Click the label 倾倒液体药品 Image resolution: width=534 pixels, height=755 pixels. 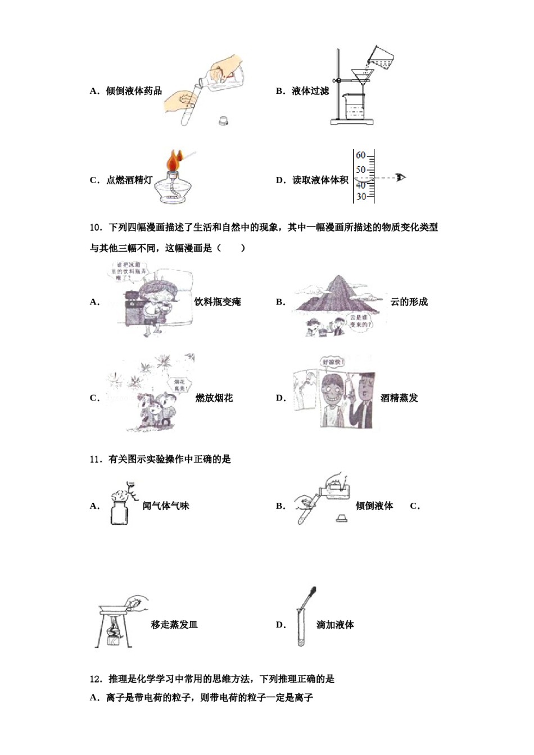click(134, 91)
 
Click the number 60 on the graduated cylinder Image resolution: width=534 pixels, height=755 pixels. click(360, 155)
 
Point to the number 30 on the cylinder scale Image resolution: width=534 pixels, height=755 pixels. click(360, 197)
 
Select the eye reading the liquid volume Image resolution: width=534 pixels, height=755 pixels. click(400, 178)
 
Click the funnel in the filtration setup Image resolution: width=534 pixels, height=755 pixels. click(358, 76)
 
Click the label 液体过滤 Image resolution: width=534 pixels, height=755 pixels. click(310, 91)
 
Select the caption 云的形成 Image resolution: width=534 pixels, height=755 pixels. click(409, 302)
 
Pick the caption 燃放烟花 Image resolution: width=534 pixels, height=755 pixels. click(214, 398)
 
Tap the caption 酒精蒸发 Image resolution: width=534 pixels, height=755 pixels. click(400, 398)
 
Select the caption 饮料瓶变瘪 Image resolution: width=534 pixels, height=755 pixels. click(218, 302)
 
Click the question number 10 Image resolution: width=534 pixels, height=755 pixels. click(95, 228)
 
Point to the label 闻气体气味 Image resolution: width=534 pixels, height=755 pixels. click(166, 506)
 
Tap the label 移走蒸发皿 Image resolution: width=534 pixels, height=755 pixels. click(174, 625)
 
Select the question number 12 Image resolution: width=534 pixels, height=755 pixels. click(95, 679)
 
